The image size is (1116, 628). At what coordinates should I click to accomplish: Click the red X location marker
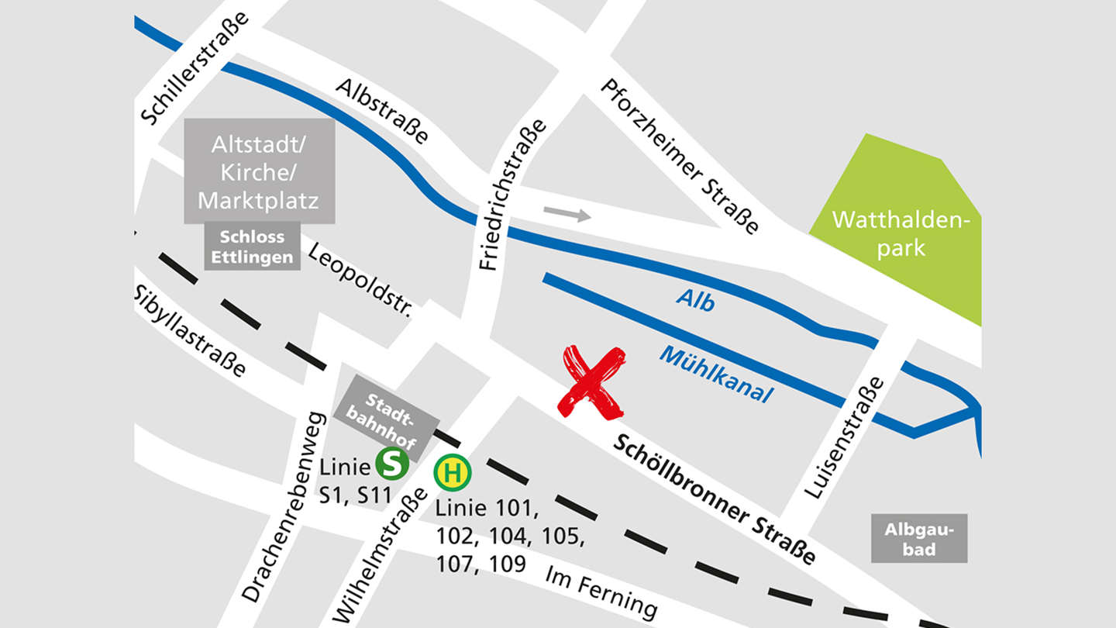coord(591,381)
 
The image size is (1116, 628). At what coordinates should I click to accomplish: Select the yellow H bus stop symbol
coord(453,472)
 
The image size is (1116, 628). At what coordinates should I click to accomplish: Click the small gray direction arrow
coord(567,214)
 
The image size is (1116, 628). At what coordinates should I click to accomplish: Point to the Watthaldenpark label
coord(901,233)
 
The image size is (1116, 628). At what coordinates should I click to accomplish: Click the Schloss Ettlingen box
coord(252,247)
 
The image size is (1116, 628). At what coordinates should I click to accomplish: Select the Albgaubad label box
coord(919,539)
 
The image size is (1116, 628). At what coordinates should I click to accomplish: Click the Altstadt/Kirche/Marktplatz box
coord(259,171)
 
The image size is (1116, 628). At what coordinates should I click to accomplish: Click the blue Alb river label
coord(694,300)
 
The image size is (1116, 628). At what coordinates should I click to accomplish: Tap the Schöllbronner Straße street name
coord(715,500)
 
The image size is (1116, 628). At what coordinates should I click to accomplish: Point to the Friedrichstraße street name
coord(512,195)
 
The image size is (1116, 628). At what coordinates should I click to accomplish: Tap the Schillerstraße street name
coord(195,68)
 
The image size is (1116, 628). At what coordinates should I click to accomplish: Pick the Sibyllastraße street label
coord(191,330)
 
